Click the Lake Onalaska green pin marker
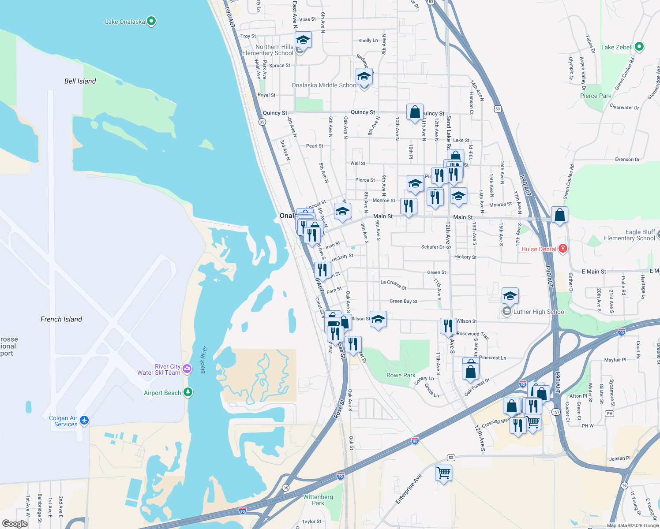(151, 21)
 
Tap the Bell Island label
(80, 81)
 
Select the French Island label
(61, 319)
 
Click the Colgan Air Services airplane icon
(84, 420)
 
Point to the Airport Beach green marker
(188, 392)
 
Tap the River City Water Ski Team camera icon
(187, 369)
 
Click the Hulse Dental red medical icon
(562, 249)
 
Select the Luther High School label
(539, 312)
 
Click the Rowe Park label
(401, 375)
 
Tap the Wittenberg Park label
(318, 500)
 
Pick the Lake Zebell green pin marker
(639, 46)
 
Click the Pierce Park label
(596, 96)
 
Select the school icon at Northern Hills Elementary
(303, 40)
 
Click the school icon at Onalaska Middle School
(364, 77)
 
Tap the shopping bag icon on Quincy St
(415, 112)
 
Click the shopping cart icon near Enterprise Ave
(443, 473)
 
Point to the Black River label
(203, 360)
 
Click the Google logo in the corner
(15, 523)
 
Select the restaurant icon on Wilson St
(448, 326)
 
